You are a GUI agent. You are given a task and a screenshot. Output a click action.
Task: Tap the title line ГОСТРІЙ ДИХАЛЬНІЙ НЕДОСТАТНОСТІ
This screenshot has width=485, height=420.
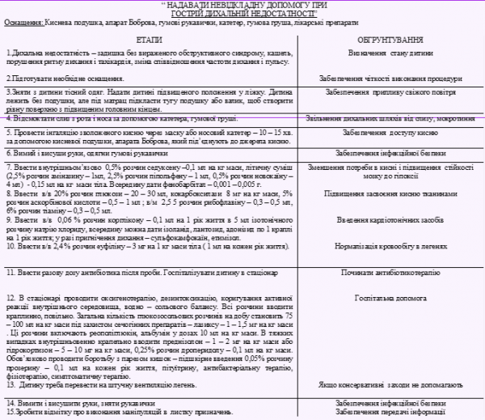242,14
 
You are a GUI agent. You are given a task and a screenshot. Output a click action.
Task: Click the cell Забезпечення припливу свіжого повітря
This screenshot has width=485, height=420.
396,92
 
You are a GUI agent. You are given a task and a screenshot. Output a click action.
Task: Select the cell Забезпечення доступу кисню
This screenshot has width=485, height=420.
396,132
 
